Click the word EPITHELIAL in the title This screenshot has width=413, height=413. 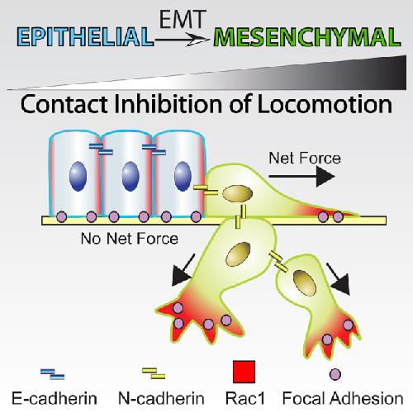tap(85, 37)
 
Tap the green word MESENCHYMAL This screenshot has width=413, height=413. tap(307, 37)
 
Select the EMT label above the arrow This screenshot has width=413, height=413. tap(183, 19)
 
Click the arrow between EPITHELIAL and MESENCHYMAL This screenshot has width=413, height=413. tap(182, 40)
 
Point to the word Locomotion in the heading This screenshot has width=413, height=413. tap(325, 104)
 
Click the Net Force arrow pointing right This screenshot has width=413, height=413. tap(301, 176)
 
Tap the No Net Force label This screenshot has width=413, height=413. tap(130, 239)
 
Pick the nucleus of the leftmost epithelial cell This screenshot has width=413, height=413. tap(78, 176)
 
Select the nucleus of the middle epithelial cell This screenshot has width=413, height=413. tap(131, 176)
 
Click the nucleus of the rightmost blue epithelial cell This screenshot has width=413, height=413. tap(183, 176)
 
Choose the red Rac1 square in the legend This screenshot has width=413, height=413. tap(244, 372)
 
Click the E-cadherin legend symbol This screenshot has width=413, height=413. tap(52, 374)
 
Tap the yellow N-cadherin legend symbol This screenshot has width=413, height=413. tap(154, 373)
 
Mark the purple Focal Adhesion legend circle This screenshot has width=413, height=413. tap(335, 374)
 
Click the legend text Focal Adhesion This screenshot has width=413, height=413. tap(343, 398)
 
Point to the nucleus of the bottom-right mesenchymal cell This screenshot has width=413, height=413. tap(305, 283)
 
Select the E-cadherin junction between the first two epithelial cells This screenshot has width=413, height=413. tap(101, 150)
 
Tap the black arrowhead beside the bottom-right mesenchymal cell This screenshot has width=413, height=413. tap(340, 283)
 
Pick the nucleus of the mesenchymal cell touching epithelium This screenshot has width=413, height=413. tap(237, 193)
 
